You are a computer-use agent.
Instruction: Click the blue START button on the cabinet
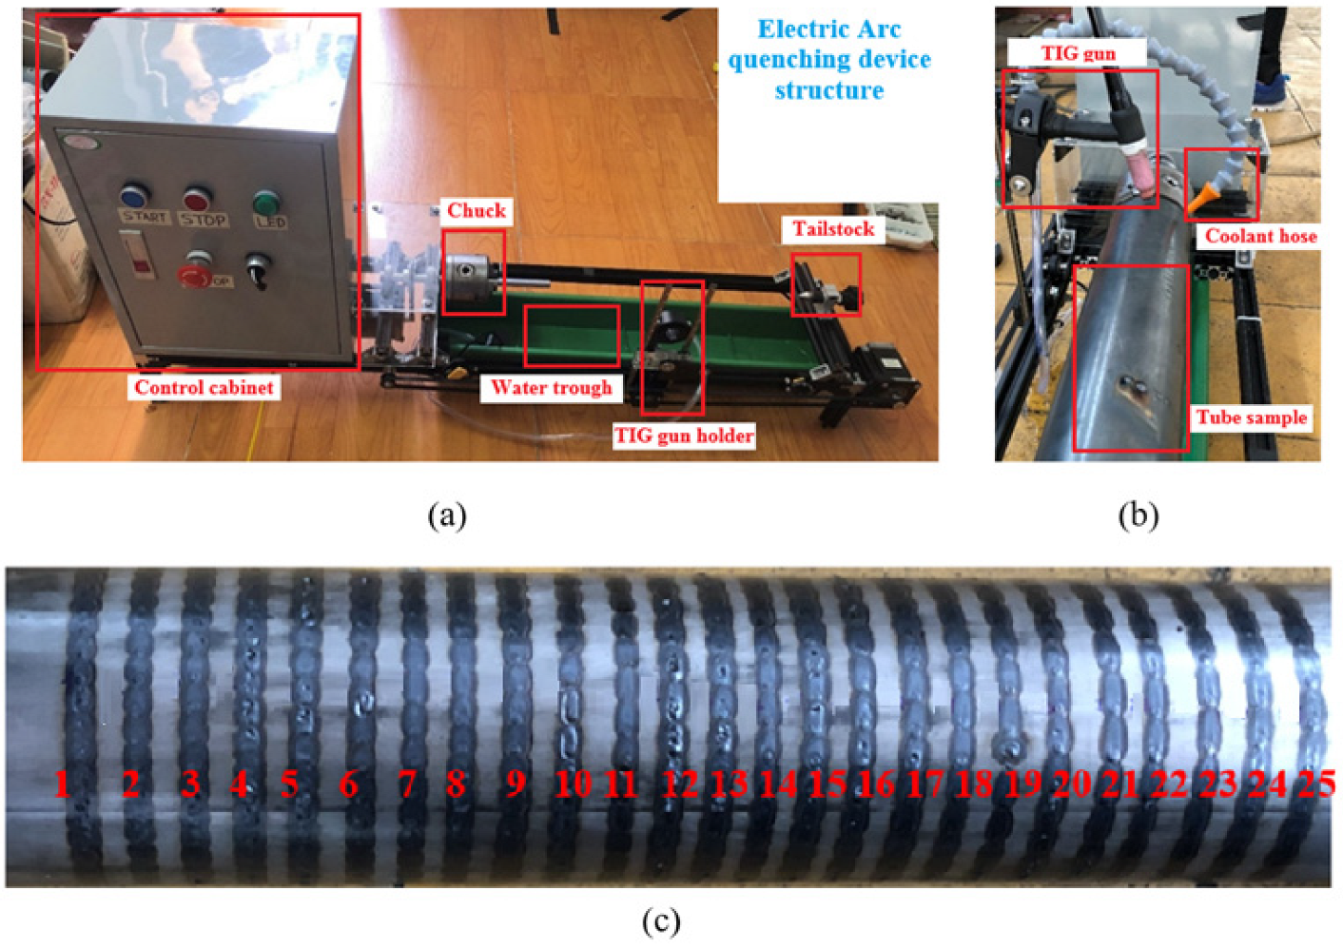pyautogui.click(x=134, y=197)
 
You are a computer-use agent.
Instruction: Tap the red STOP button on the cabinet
pyautogui.click(x=197, y=200)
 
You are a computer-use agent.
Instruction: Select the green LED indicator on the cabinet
pyautogui.click(x=265, y=203)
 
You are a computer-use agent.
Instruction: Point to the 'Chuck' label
pyautogui.click(x=477, y=210)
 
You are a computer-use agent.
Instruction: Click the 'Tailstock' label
pyautogui.click(x=833, y=229)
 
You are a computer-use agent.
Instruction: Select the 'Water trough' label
pyautogui.click(x=552, y=387)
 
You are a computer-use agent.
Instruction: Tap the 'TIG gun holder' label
pyautogui.click(x=684, y=436)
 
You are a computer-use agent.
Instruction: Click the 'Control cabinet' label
pyautogui.click(x=204, y=387)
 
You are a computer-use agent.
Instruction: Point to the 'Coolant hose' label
pyautogui.click(x=1261, y=236)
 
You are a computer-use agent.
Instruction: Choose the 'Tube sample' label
pyautogui.click(x=1252, y=417)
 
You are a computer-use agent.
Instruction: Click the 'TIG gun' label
pyautogui.click(x=1078, y=53)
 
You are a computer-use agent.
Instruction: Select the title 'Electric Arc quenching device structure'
pyautogui.click(x=828, y=59)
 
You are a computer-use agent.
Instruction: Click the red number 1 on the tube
pyautogui.click(x=63, y=784)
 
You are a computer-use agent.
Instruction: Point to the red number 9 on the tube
pyautogui.click(x=516, y=784)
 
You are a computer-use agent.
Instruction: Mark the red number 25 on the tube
pyautogui.click(x=1316, y=784)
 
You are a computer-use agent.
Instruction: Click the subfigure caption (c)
pyautogui.click(x=661, y=921)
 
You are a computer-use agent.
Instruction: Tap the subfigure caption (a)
pyautogui.click(x=447, y=515)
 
